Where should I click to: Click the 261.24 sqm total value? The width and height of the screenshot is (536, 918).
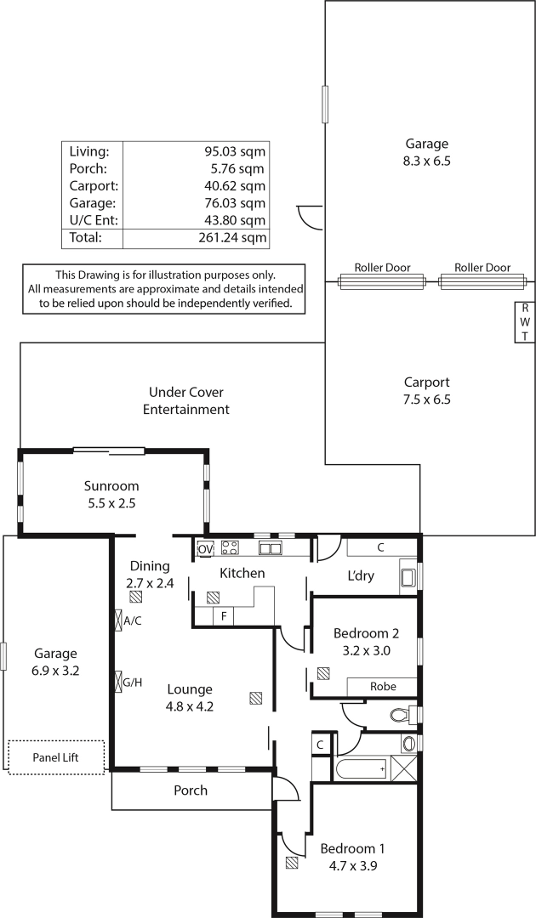pos(232,238)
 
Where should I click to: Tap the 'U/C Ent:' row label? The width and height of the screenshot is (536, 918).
pos(93,221)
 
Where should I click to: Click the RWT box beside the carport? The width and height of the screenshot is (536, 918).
pos(525,322)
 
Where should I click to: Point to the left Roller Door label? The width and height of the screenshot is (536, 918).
pos(382,268)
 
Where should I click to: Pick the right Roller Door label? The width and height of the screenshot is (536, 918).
pos(482,268)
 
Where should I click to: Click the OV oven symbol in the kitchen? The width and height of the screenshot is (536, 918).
pos(205,549)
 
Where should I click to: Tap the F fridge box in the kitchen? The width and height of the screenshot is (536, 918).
pos(223,616)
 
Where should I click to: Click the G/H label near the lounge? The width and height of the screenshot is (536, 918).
pos(133,682)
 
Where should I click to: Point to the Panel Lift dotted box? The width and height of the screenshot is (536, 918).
pos(55,757)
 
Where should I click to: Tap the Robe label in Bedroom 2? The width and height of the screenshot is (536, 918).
pos(383,686)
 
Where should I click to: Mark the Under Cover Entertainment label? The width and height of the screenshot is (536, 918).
pos(186,400)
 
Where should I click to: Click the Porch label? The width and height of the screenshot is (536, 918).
pos(191,790)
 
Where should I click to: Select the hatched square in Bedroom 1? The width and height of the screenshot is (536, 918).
pos(292,863)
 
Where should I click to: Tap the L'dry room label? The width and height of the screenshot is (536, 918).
pos(360,575)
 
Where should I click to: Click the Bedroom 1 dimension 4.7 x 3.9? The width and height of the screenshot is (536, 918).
pos(352,865)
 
